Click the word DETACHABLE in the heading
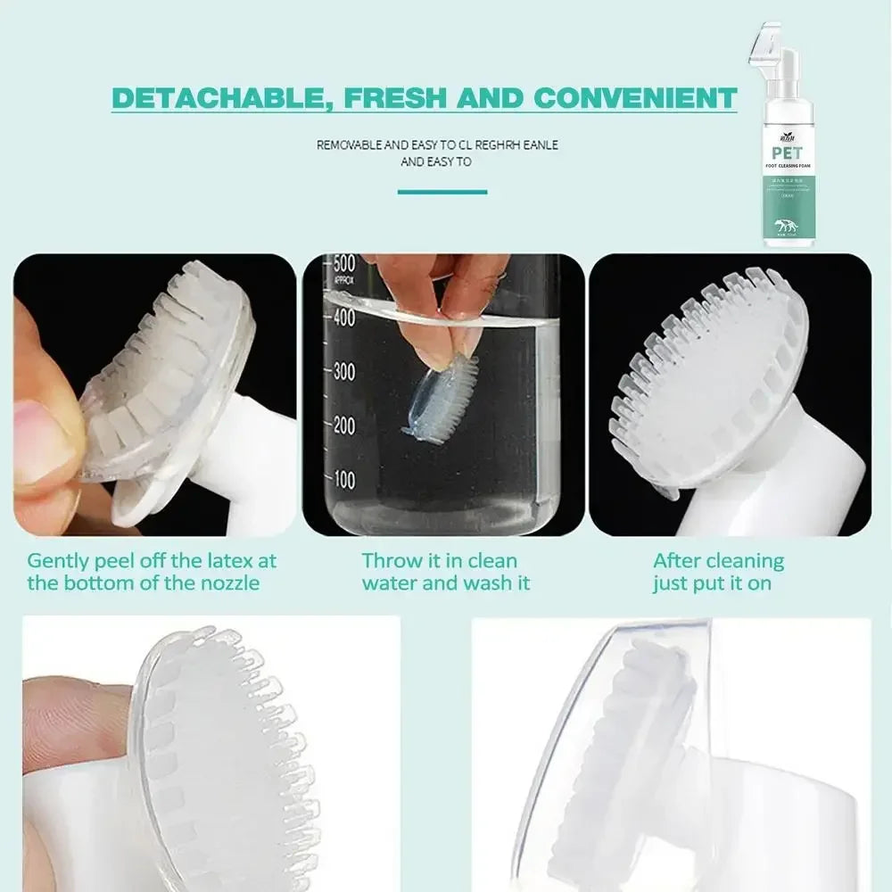click(x=212, y=97)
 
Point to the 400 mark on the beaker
click(x=344, y=317)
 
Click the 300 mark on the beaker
click(x=344, y=372)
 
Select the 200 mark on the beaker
click(x=344, y=426)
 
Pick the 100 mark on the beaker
click(x=344, y=481)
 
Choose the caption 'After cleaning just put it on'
click(x=718, y=572)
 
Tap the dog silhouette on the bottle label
click(x=785, y=227)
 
